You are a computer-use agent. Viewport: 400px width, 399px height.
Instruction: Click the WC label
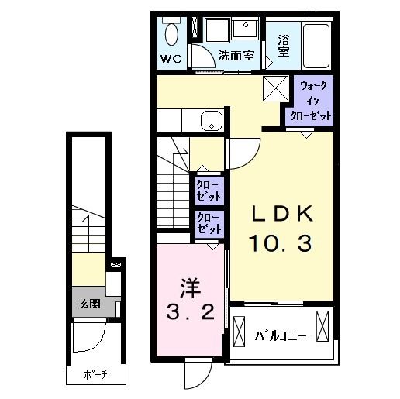tap(171, 58)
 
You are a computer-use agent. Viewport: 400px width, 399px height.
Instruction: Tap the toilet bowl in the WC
tap(172, 33)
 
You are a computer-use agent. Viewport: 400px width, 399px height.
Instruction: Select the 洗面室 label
tap(236, 56)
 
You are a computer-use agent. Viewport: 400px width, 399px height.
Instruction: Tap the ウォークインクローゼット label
tap(312, 98)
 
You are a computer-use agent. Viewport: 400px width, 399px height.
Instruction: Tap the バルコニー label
tap(281, 335)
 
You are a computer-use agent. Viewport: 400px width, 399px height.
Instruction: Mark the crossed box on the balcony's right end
tap(323, 324)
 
